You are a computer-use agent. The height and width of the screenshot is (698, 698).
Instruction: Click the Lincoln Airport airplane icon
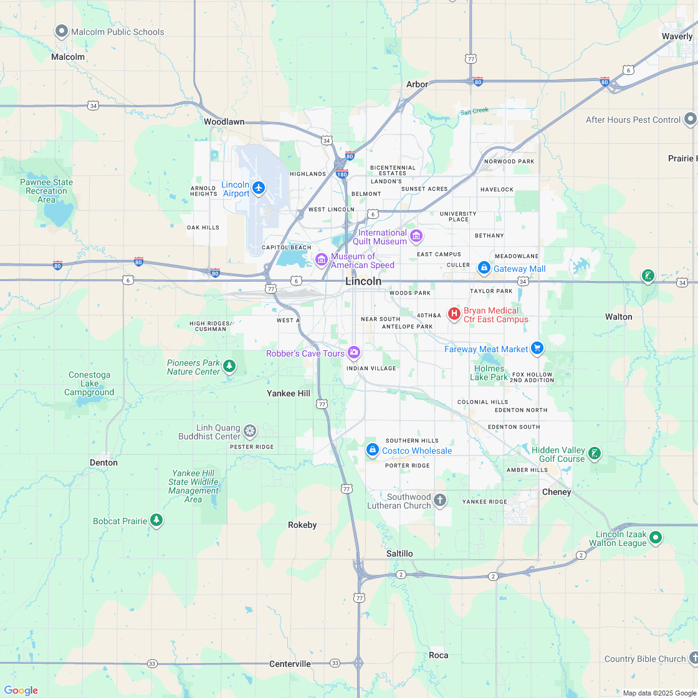(x=259, y=187)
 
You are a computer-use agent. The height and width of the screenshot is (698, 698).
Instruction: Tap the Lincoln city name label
(x=363, y=281)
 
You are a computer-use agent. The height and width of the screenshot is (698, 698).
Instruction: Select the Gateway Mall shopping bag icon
(x=484, y=268)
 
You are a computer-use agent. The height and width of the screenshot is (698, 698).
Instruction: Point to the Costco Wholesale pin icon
(x=372, y=450)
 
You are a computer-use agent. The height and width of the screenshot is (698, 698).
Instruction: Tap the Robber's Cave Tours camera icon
(x=354, y=353)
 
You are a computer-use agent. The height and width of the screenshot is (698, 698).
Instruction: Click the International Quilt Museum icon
(x=416, y=236)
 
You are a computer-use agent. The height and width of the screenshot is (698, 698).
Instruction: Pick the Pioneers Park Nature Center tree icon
(x=229, y=366)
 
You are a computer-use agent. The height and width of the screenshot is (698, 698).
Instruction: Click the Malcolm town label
(x=68, y=57)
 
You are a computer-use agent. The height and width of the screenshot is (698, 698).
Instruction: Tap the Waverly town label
(x=677, y=37)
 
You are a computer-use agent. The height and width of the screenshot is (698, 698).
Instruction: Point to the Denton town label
(x=103, y=462)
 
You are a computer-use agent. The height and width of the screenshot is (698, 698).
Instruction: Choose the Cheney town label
(x=557, y=492)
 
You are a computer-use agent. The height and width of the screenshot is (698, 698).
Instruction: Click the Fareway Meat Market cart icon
(x=537, y=349)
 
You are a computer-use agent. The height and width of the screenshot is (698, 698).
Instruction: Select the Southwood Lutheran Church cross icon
(x=440, y=500)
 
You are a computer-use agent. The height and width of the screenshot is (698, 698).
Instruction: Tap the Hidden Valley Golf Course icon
(x=595, y=454)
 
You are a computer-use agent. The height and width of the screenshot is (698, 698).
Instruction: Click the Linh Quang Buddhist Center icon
(x=250, y=431)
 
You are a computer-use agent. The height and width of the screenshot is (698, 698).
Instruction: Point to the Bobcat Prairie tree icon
(x=156, y=520)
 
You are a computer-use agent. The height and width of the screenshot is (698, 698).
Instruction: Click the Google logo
(x=21, y=690)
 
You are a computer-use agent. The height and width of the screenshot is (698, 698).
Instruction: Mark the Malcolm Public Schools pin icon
(x=62, y=31)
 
